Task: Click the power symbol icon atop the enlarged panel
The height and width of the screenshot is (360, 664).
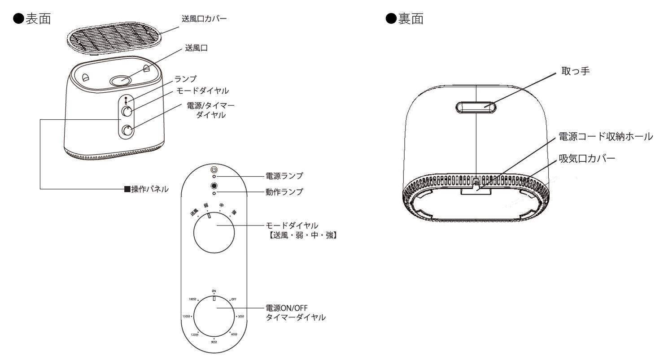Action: point(214,170)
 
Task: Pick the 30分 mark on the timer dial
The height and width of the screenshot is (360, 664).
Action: point(241,317)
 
